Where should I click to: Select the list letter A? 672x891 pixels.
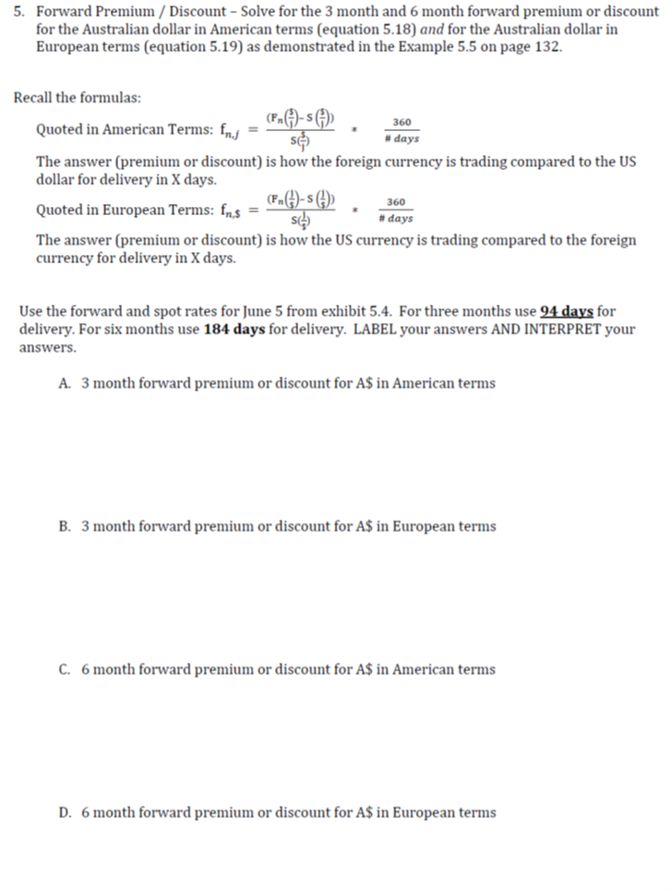pos(65,383)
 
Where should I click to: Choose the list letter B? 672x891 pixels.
pos(65,526)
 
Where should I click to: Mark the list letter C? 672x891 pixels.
pos(65,669)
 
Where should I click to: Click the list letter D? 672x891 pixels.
pos(65,813)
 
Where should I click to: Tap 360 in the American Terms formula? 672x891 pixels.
pos(402,123)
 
